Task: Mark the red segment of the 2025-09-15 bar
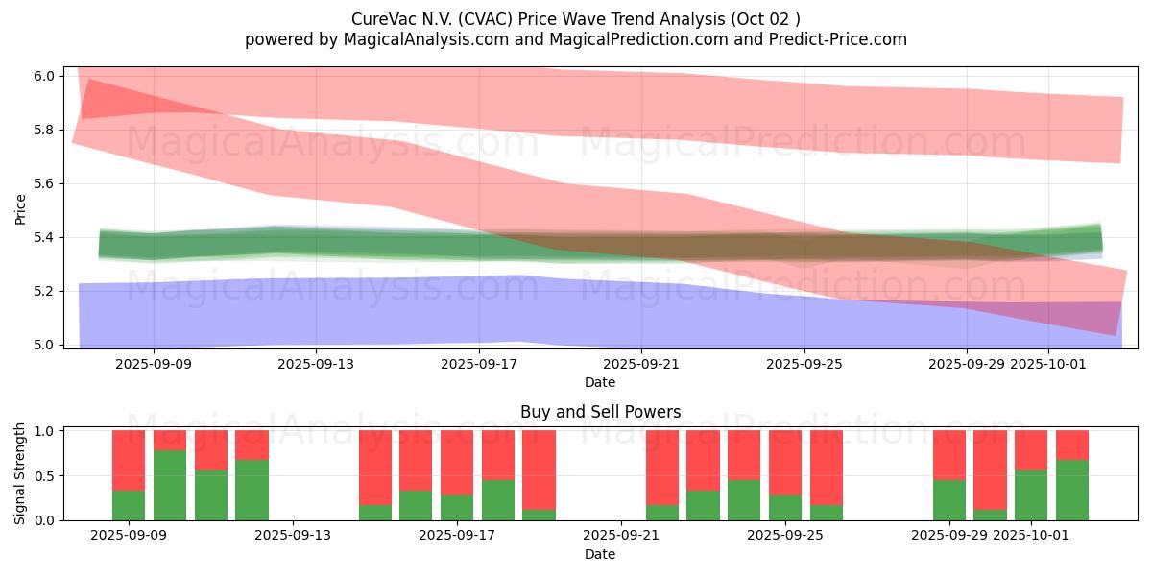click(x=375, y=467)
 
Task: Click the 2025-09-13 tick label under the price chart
click(x=317, y=365)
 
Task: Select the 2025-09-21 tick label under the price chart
click(x=641, y=365)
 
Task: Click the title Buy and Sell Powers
click(x=600, y=412)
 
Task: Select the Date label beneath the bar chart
click(x=600, y=554)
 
